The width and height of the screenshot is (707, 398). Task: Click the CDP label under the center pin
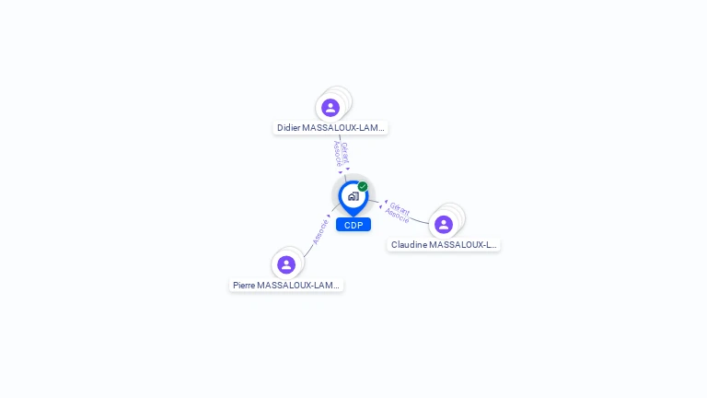click(353, 225)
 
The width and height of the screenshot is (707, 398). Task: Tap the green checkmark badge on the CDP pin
click(363, 186)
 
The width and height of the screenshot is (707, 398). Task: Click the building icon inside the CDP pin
click(353, 196)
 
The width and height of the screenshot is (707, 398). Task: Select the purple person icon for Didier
click(330, 108)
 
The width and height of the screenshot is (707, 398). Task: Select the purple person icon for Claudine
click(444, 225)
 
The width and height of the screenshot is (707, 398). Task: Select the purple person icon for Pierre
click(286, 264)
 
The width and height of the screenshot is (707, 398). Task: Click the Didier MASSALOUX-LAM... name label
click(330, 128)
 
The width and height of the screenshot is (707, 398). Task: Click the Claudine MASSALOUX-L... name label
click(444, 245)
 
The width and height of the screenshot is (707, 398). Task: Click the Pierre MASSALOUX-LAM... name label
click(286, 286)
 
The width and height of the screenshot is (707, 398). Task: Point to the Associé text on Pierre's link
click(319, 230)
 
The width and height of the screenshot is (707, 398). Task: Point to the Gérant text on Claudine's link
click(400, 207)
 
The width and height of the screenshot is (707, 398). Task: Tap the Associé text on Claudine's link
click(397, 217)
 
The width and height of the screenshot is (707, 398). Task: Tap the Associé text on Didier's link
click(338, 155)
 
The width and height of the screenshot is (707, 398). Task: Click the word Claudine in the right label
click(411, 245)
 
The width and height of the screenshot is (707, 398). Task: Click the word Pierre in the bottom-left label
click(244, 286)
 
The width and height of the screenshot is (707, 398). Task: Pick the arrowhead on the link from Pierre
click(329, 217)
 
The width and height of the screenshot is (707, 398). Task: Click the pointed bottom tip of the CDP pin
click(353, 216)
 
